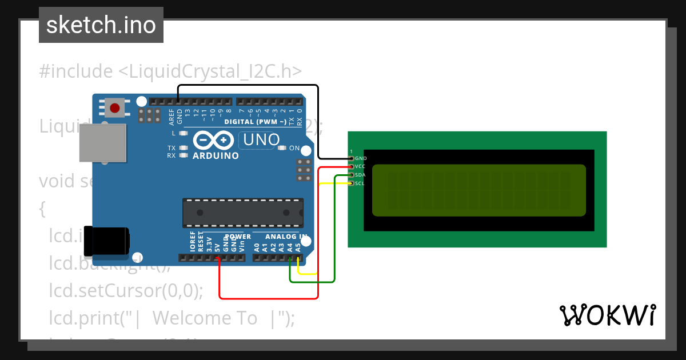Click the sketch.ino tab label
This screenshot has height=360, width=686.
click(101, 25)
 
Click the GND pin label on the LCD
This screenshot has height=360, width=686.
click(361, 158)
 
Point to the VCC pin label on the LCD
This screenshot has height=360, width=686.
click(360, 166)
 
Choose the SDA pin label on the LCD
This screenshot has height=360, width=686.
click(360, 175)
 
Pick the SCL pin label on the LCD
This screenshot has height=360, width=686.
click(360, 183)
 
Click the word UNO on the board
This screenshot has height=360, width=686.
click(261, 139)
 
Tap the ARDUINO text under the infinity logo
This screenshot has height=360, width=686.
click(216, 155)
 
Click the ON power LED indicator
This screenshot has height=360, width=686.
click(282, 148)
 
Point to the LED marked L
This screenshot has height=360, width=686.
click(184, 133)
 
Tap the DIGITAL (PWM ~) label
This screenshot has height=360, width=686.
click(255, 122)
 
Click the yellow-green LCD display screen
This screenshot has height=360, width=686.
click(479, 190)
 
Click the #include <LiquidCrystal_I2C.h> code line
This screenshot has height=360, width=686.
click(170, 71)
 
